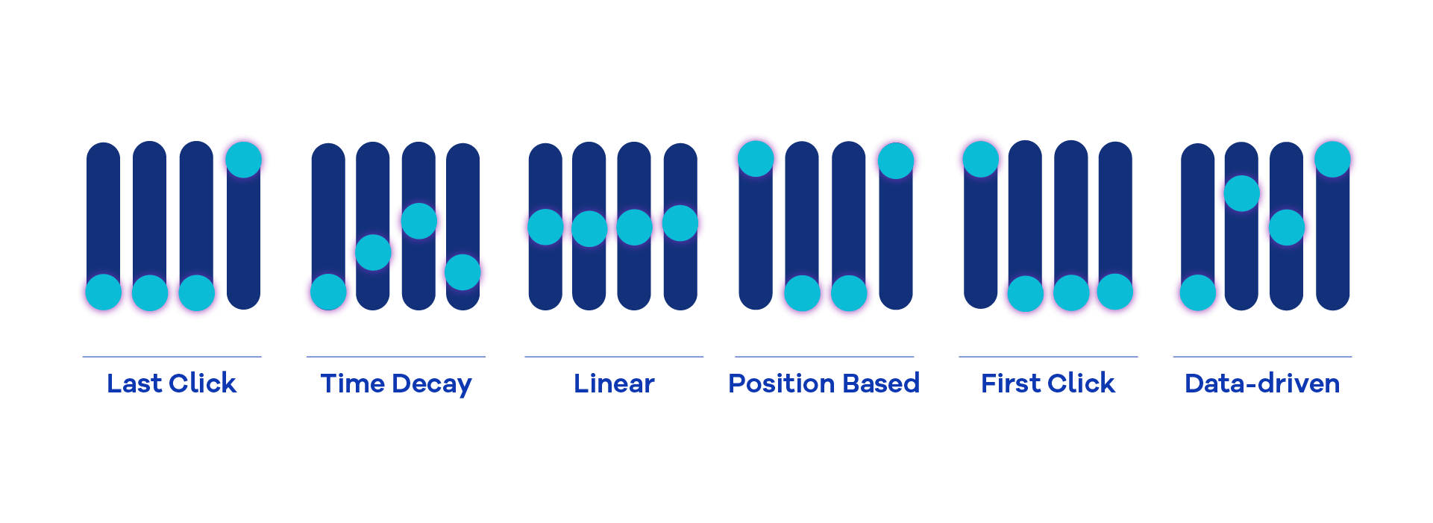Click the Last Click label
(x=172, y=383)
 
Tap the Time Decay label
(x=396, y=384)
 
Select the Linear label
(x=614, y=383)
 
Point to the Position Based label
(x=824, y=383)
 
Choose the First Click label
(x=1048, y=383)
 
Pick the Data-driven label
(x=1262, y=383)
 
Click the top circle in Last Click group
(x=243, y=160)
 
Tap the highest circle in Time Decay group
(x=418, y=220)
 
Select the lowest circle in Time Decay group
(x=328, y=292)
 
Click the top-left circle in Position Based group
(x=756, y=159)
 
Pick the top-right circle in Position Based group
(x=895, y=160)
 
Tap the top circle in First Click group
(x=980, y=160)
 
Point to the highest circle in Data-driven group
(x=1332, y=160)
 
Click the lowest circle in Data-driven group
(x=1198, y=292)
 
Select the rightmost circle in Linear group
(x=680, y=223)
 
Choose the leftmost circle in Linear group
(x=545, y=227)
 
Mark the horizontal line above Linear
(x=614, y=357)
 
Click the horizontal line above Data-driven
(x=1262, y=357)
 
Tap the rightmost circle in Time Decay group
(x=462, y=272)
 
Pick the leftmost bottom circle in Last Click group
(x=103, y=292)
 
